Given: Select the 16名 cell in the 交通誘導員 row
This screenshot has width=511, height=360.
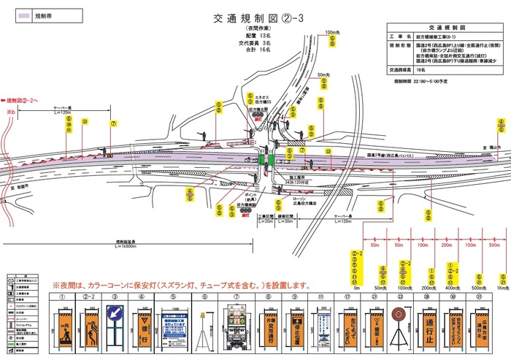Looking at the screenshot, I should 423,70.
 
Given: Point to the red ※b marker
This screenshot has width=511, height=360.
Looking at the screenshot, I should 10,112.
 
